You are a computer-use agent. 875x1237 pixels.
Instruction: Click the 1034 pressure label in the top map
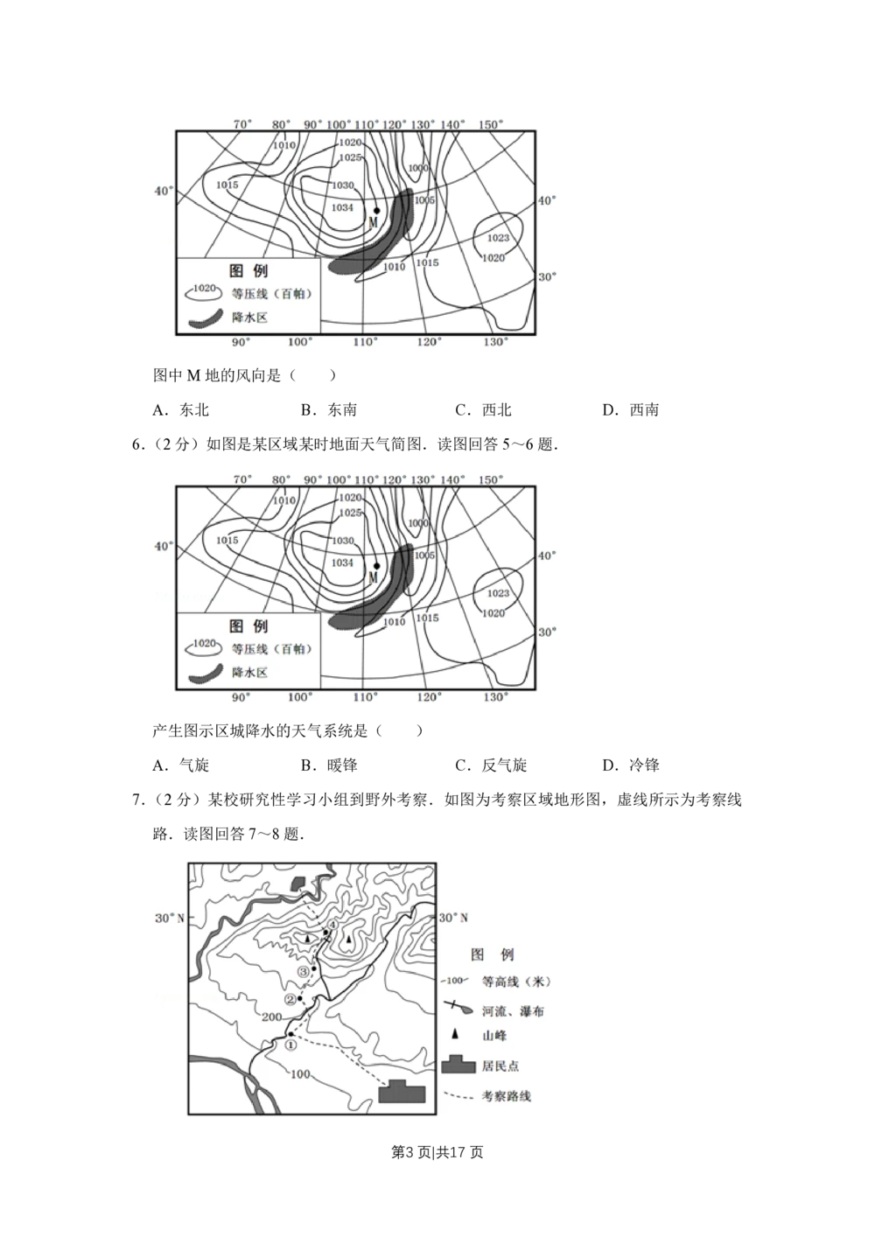(342, 207)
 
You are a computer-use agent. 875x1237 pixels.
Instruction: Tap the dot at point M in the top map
(376, 210)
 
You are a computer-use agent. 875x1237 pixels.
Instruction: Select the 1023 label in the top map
(498, 238)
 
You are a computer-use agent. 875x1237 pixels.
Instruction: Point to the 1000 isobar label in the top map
(418, 168)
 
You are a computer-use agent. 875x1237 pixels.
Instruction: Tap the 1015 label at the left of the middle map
(227, 541)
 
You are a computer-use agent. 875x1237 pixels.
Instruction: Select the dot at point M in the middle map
(376, 565)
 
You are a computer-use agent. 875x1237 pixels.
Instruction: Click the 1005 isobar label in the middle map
(424, 556)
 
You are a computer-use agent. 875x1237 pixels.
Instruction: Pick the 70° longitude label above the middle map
(242, 479)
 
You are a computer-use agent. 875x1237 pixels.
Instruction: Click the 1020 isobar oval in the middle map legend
(204, 644)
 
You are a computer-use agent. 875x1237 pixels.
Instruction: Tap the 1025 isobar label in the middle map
(350, 513)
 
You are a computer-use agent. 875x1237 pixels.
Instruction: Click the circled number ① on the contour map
(292, 1044)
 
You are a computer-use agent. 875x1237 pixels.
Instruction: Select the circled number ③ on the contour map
(304, 971)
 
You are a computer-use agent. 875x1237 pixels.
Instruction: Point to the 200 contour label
(271, 1017)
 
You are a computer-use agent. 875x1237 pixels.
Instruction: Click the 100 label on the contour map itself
(300, 1073)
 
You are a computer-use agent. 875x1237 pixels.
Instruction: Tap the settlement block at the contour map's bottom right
(402, 1092)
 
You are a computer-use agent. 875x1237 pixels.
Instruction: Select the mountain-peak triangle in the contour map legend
(452, 1036)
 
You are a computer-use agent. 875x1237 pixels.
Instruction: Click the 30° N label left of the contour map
(170, 918)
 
